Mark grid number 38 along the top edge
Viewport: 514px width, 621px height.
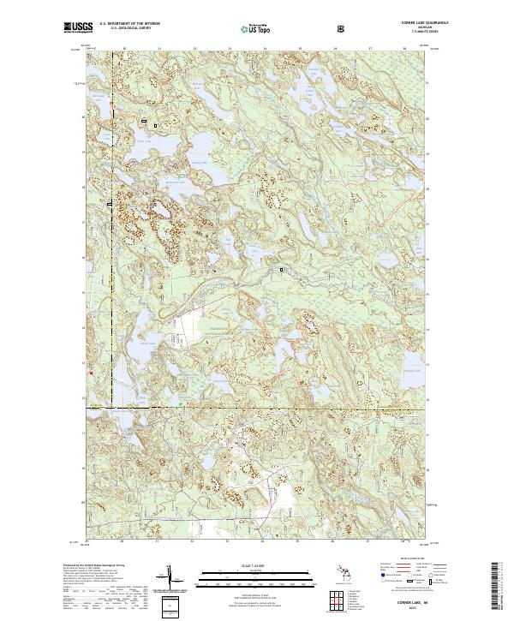404,50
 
